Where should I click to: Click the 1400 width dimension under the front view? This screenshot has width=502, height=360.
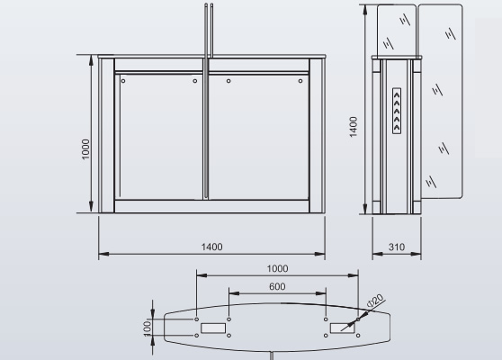[211, 247]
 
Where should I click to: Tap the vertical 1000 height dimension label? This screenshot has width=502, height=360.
[85, 148]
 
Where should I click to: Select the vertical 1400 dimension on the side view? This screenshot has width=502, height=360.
[354, 127]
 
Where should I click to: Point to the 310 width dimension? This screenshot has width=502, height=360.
[397, 247]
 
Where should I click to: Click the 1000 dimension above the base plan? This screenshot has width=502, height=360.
[278, 268]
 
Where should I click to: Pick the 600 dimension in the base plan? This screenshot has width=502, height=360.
[277, 286]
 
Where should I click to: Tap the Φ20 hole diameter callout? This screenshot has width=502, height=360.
[375, 301]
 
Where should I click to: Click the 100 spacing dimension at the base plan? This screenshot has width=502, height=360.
[148, 328]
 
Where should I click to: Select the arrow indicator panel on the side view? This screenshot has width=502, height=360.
[397, 111]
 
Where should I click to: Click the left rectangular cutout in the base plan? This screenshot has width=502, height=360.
[213, 328]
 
